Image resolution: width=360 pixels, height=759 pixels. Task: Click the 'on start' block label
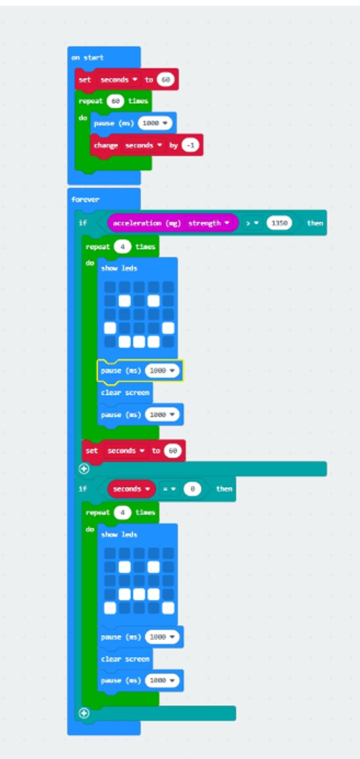click(x=87, y=58)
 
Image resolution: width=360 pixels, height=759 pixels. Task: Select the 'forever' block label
click(x=85, y=200)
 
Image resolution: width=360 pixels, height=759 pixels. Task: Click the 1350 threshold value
click(x=279, y=223)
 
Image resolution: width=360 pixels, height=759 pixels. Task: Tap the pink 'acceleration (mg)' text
click(x=146, y=223)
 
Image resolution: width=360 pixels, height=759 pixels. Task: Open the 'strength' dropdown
click(x=209, y=223)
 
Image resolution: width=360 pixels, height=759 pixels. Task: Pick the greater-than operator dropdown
click(x=252, y=223)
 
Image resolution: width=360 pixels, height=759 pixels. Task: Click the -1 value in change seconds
click(x=190, y=145)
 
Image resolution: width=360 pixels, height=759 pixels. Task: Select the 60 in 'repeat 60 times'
click(x=115, y=101)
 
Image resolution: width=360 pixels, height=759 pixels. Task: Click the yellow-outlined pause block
click(x=140, y=371)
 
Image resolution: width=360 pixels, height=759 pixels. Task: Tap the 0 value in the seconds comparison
click(x=192, y=489)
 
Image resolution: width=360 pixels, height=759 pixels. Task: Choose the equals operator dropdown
click(x=170, y=489)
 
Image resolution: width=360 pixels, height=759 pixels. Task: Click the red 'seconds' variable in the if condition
click(x=131, y=489)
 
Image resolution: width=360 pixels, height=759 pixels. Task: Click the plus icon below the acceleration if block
click(x=84, y=469)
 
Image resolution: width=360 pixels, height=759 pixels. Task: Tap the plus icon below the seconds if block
click(x=84, y=713)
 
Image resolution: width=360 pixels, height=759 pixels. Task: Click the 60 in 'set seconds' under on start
click(x=165, y=80)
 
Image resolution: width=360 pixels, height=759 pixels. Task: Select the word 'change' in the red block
click(x=106, y=145)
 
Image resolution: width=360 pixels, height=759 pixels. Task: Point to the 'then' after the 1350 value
click(x=315, y=223)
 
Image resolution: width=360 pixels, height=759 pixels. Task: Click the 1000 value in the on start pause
click(x=154, y=123)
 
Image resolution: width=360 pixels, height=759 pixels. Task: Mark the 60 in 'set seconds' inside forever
click(x=173, y=450)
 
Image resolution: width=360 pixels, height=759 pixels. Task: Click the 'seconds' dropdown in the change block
click(x=144, y=145)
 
